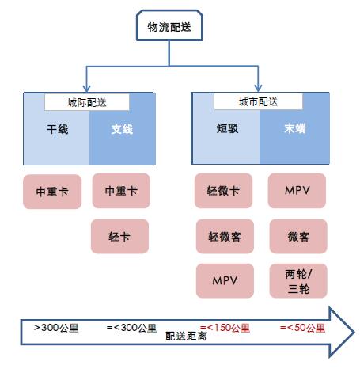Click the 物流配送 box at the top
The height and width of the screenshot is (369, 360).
point(169,25)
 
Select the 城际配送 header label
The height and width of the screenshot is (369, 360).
point(87,102)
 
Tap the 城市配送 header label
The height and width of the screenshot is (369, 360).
point(258,101)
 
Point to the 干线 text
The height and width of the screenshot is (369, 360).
point(58,129)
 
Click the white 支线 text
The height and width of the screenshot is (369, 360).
point(122,129)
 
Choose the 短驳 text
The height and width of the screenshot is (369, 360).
point(228,128)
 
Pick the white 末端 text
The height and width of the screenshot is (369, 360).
point(295,128)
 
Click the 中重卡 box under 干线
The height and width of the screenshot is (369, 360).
point(52,192)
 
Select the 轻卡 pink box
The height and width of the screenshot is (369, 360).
point(119,236)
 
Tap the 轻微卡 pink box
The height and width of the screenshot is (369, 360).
point(223,191)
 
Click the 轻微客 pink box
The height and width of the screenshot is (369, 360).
point(225,236)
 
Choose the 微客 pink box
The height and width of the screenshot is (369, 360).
point(298,236)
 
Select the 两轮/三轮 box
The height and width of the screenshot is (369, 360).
point(298,281)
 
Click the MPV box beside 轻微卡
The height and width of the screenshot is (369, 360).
point(297,191)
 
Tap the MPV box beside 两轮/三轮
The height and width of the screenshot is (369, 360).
point(225,281)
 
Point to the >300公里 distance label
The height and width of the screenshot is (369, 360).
point(56,328)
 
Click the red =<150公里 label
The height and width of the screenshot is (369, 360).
point(225,328)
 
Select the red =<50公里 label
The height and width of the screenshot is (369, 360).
point(302,328)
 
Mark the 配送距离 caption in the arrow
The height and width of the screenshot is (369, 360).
point(186,337)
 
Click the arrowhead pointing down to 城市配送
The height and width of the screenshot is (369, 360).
point(258,88)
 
